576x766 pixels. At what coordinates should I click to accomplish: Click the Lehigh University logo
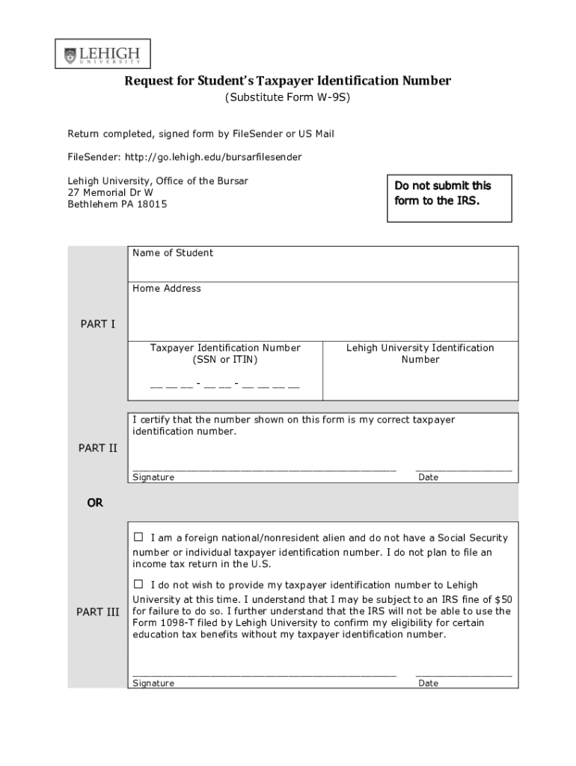point(102,55)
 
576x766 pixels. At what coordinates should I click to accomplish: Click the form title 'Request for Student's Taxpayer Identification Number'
point(287,81)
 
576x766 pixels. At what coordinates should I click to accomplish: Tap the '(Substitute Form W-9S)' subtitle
point(288,98)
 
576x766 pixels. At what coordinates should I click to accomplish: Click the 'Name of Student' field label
point(173,253)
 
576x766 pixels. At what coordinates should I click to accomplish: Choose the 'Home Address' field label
point(167,289)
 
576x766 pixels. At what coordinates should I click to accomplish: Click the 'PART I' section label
point(98,325)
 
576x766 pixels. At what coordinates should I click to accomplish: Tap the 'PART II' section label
point(98,448)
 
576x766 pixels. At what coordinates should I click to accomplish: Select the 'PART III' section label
point(98,612)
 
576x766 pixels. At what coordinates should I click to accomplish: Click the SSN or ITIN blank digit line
point(224,386)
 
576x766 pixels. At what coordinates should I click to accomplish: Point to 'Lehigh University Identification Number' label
point(420,354)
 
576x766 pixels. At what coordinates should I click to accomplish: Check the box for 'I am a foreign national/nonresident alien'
point(138,537)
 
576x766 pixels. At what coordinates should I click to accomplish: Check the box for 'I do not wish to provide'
point(138,583)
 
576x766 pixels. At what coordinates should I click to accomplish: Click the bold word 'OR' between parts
point(95,503)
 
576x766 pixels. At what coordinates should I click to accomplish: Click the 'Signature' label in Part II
point(153,477)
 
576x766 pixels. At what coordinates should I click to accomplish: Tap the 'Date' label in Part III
point(429,683)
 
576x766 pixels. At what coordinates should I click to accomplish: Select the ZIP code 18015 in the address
point(152,204)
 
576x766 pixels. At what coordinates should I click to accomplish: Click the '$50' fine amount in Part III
point(504,600)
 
